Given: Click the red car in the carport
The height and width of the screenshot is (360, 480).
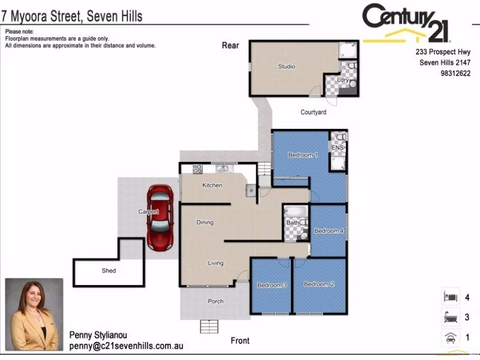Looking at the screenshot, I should click(x=161, y=217).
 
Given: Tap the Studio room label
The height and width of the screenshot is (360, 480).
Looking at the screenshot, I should click(x=286, y=67).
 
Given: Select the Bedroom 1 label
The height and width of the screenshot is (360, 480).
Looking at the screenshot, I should click(x=302, y=155).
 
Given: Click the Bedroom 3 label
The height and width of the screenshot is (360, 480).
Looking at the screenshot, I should click(x=272, y=285).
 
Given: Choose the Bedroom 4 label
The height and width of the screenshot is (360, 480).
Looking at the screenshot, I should click(x=329, y=231).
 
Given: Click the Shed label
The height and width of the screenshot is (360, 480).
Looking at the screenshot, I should click(x=109, y=271).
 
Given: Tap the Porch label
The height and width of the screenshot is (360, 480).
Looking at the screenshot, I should click(x=215, y=301).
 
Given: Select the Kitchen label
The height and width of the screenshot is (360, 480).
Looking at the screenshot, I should click(x=212, y=185).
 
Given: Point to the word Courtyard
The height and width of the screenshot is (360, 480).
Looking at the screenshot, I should click(x=313, y=112).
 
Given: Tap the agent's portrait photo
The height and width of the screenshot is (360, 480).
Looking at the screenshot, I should click(x=34, y=314).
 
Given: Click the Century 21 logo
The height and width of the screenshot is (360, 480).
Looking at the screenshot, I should click(x=406, y=23).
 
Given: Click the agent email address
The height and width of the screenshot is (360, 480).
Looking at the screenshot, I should click(x=126, y=346).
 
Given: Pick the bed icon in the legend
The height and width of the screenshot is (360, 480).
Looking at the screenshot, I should click(x=449, y=297).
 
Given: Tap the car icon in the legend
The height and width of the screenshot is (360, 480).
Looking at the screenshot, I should click(x=449, y=338).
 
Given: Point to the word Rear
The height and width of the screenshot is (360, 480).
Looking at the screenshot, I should click(x=230, y=45).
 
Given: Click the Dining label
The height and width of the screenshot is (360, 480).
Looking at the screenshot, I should click(x=205, y=223).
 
